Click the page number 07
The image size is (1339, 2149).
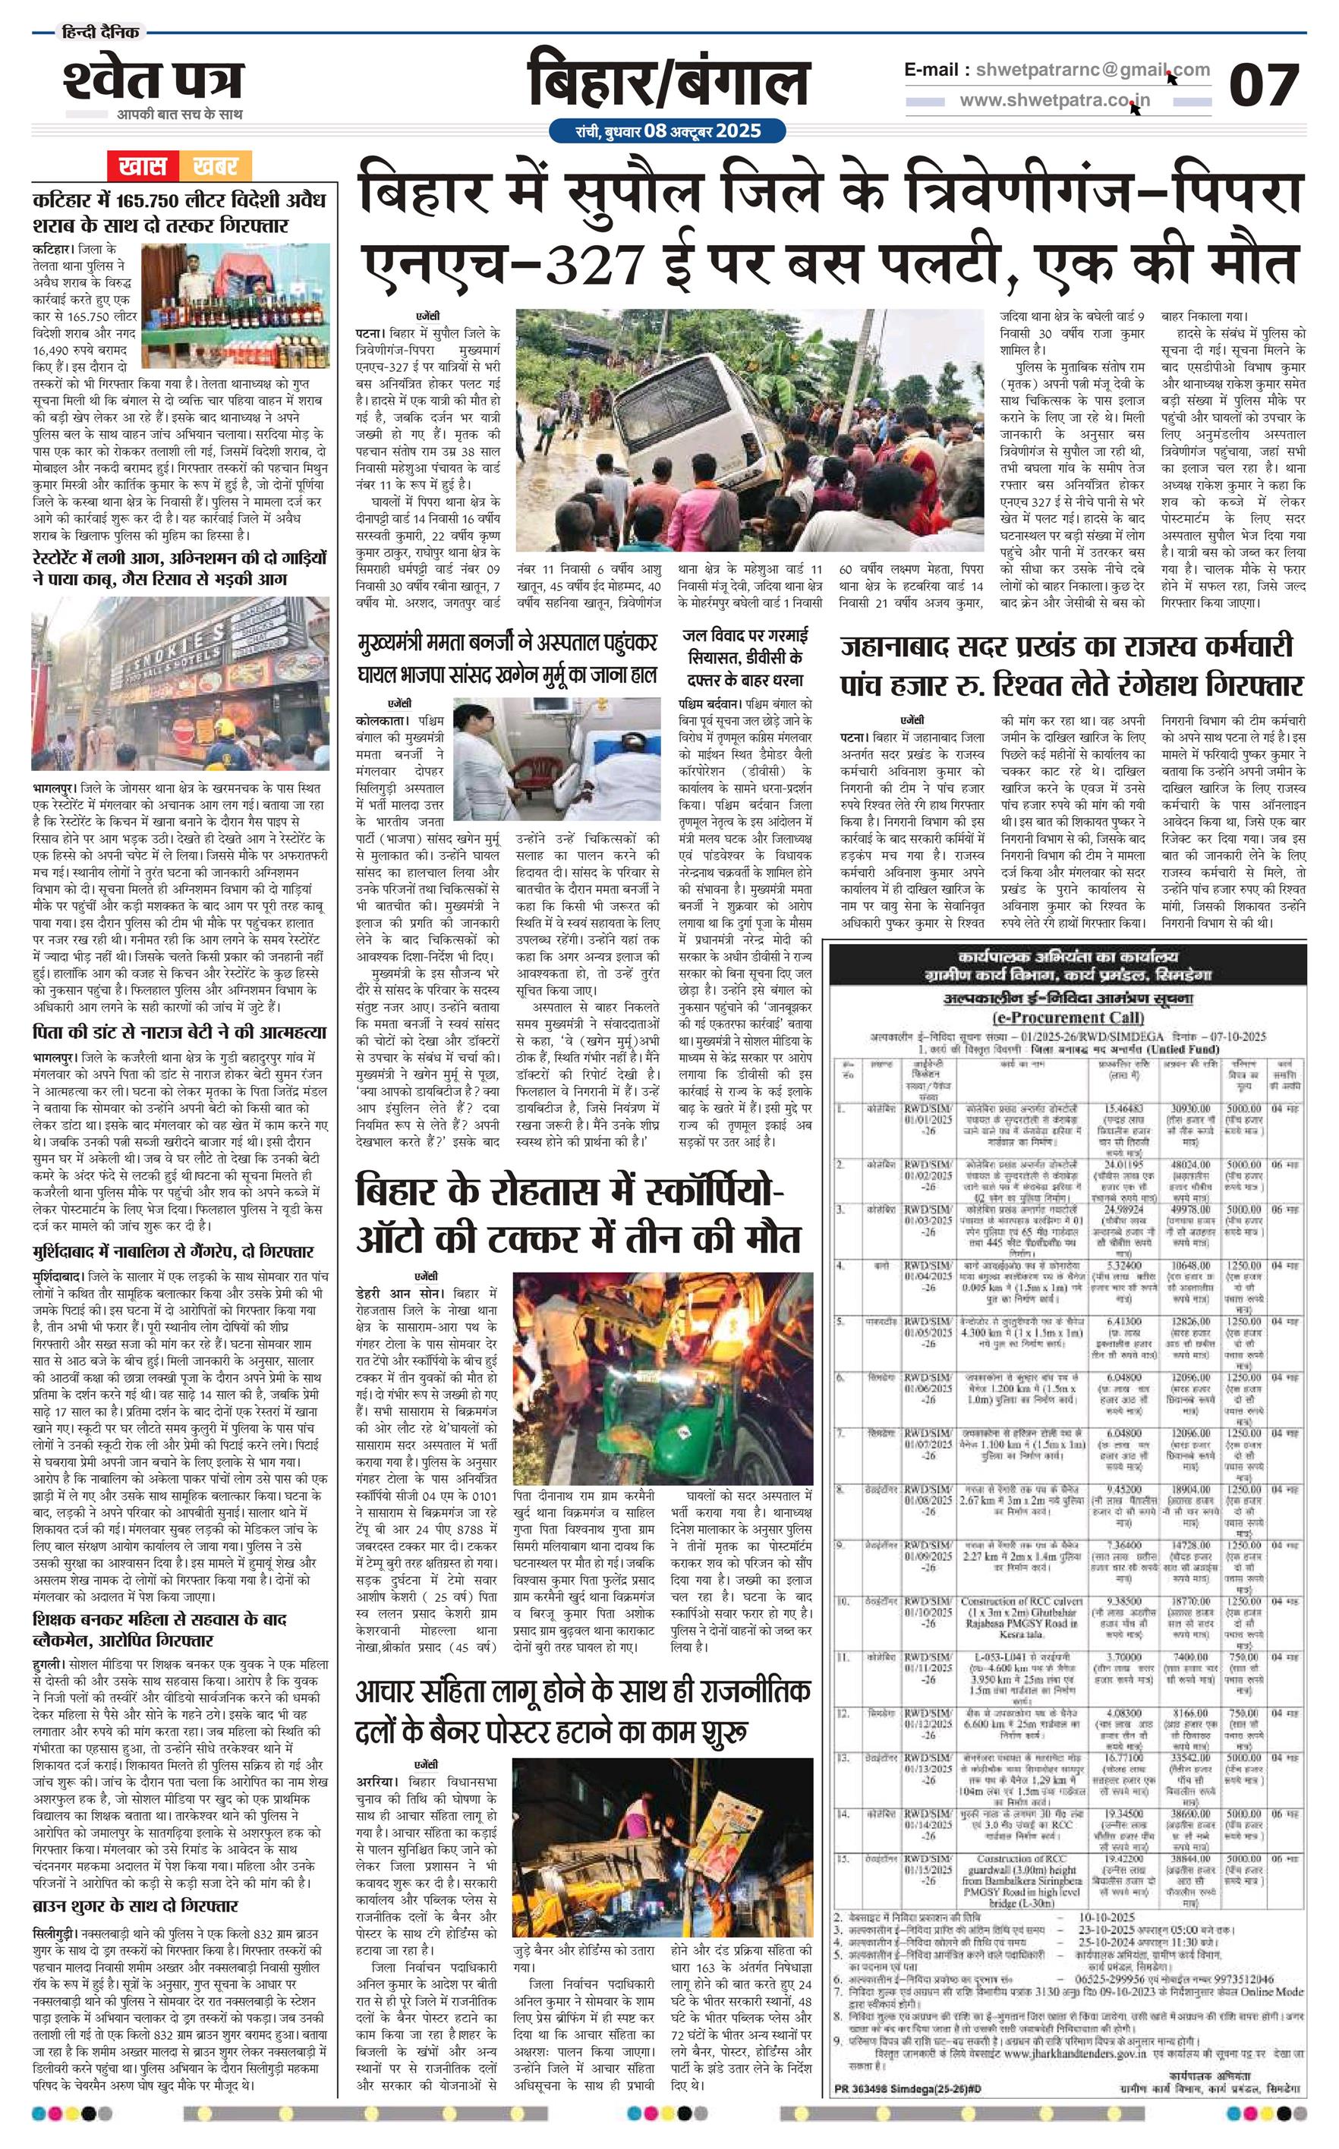(x=1264, y=85)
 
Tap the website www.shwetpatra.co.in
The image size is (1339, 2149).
(x=1054, y=100)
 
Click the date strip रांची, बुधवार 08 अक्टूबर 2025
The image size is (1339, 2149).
(x=668, y=132)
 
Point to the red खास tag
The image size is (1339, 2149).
(x=143, y=165)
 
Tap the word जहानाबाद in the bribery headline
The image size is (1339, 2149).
(x=896, y=648)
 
